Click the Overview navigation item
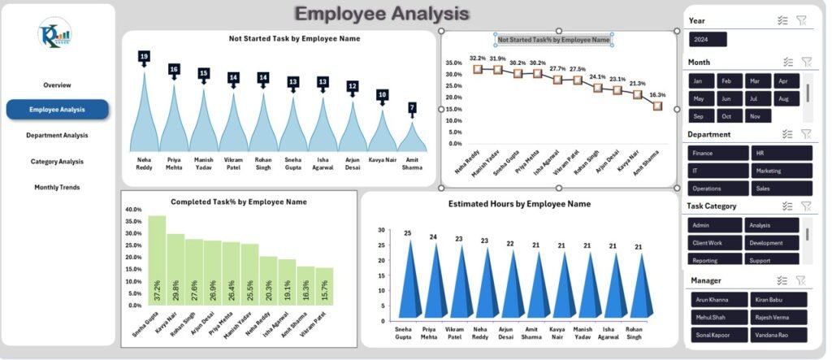(57, 85)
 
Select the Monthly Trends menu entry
(57, 187)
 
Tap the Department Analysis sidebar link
(57, 135)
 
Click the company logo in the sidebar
(54, 34)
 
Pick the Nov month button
(756, 116)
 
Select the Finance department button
(715, 153)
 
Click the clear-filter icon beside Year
(801, 21)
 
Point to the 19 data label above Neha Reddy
(144, 57)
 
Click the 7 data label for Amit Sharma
(412, 107)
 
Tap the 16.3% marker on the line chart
(657, 106)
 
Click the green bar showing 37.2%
(157, 260)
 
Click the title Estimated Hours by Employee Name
(519, 204)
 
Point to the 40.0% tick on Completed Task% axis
(132, 209)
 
